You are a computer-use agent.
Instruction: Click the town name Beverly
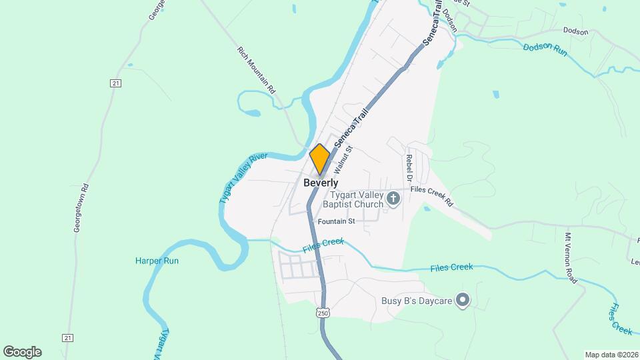coord(321,183)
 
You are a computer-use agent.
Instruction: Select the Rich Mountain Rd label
coord(257,69)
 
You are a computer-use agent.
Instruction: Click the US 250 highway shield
coord(323,313)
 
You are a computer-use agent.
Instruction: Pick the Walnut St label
coord(343,161)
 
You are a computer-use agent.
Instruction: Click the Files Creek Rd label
coord(432,196)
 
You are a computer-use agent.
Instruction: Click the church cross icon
coord(393,198)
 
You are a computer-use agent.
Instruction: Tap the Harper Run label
coord(157,261)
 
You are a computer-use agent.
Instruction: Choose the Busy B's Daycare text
coord(417,301)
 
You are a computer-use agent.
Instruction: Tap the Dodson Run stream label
coord(545,49)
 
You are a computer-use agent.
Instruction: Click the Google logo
coord(22,351)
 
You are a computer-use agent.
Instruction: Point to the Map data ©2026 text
coord(611,354)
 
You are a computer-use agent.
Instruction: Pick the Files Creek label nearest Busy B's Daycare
coord(451,267)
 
